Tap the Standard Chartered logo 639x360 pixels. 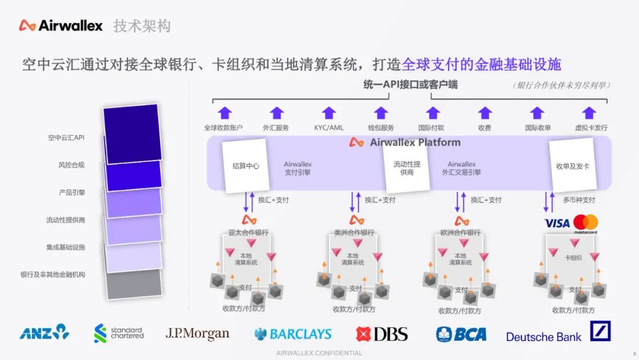(119, 333)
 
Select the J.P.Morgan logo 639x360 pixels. (197, 333)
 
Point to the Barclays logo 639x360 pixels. (293, 334)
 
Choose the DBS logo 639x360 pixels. (382, 334)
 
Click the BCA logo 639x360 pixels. (461, 334)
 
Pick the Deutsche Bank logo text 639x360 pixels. (544, 337)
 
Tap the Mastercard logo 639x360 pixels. (585, 223)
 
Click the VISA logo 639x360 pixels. (557, 223)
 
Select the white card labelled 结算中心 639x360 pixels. (245, 166)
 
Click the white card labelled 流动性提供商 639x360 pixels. (407, 168)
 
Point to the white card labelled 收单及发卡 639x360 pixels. (572, 166)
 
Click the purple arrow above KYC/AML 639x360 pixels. (329, 113)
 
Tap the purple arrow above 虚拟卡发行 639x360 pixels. (589, 113)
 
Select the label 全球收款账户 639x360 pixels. (223, 128)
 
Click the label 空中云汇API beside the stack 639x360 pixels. (66, 137)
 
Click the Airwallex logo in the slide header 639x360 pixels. (60, 25)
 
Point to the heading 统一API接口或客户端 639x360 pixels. (410, 85)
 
